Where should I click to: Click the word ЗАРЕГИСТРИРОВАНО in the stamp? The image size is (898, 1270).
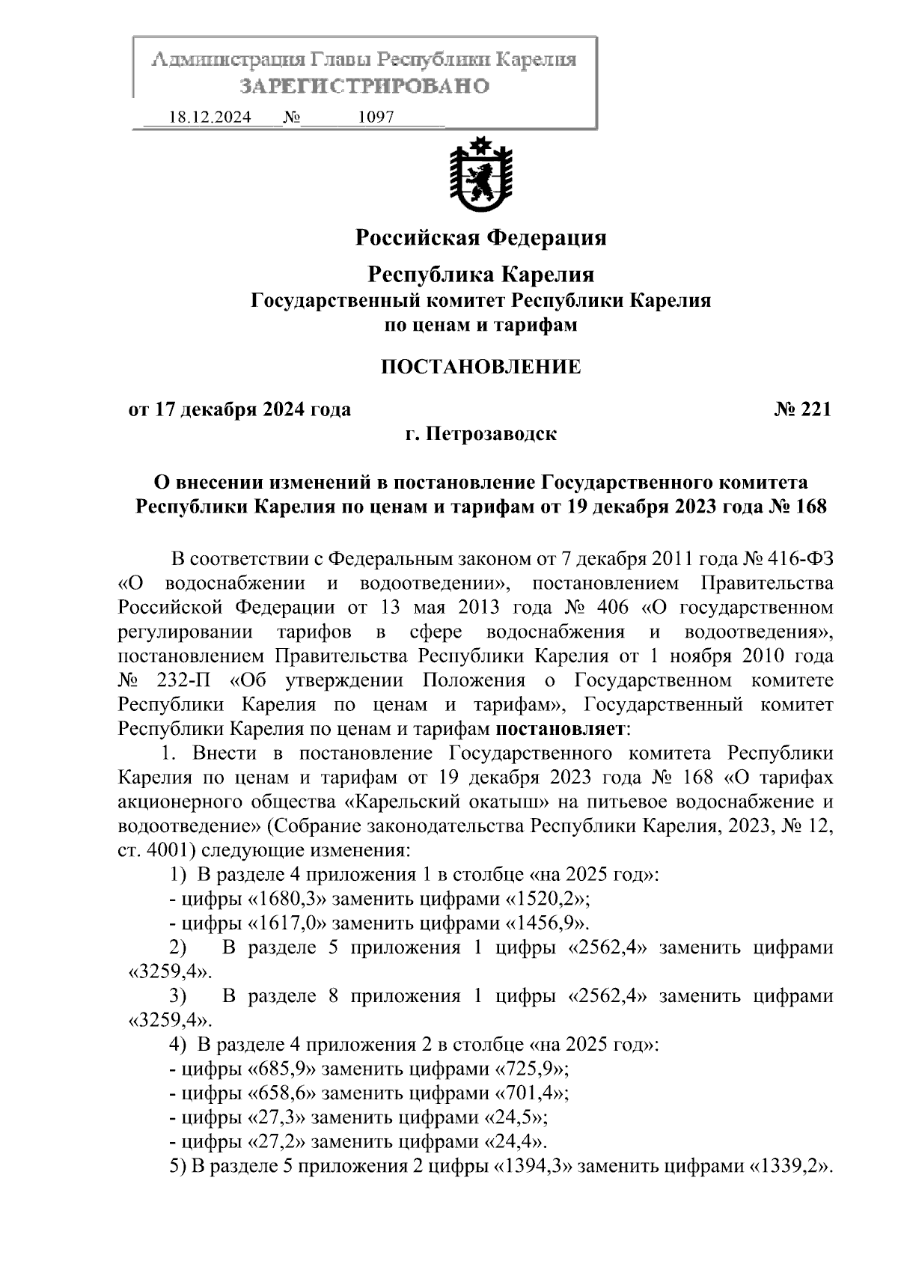click(364, 86)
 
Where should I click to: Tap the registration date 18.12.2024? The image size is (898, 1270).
click(210, 117)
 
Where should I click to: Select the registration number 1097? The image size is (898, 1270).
click(376, 117)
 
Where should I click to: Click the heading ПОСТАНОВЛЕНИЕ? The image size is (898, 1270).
click(480, 367)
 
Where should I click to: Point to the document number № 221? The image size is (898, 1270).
click(802, 409)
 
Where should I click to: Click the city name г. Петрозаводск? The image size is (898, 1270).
click(480, 434)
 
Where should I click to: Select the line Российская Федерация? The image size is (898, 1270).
click(480, 238)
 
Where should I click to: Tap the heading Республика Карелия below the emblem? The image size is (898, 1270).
click(480, 275)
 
